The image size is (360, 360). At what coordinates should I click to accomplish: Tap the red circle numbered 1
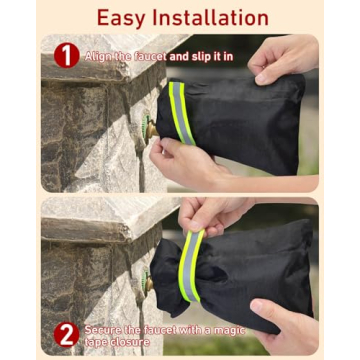pyautogui.click(x=67, y=55)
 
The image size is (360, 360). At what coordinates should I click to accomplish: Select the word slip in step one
pyautogui.click(x=198, y=57)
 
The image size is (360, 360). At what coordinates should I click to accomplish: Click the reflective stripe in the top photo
pyautogui.click(x=180, y=112)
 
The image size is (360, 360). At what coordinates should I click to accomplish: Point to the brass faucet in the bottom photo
pyautogui.click(x=148, y=284)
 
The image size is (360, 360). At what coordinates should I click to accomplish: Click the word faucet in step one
pyautogui.click(x=151, y=57)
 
